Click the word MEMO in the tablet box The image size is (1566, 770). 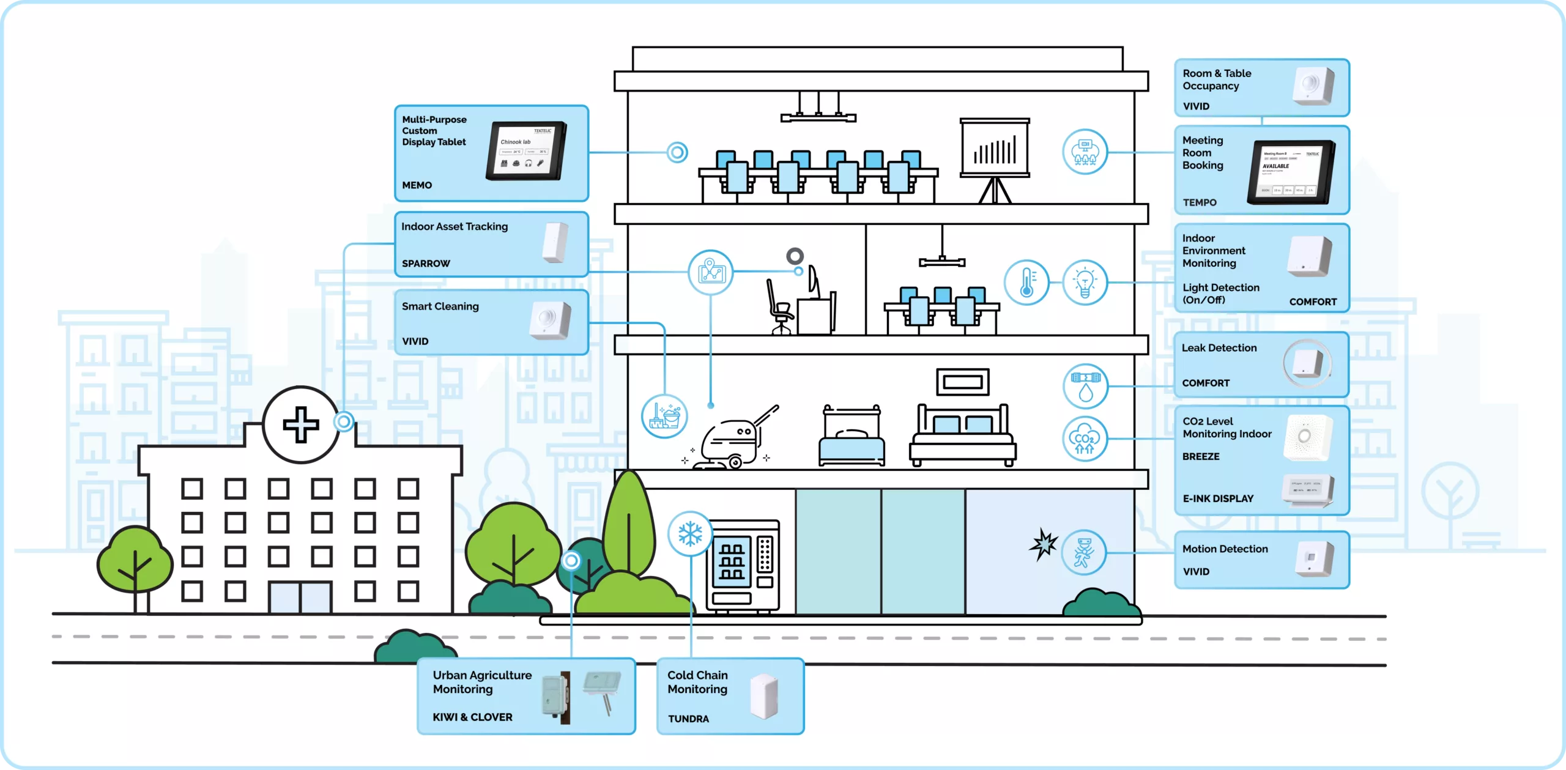tap(417, 185)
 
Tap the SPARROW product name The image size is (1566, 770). tap(426, 264)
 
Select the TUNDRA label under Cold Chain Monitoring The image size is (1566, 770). tap(688, 719)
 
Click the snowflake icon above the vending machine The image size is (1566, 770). tap(690, 533)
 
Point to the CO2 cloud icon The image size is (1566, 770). tap(1085, 439)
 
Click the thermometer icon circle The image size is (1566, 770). tap(1026, 283)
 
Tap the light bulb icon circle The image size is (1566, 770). tap(1085, 283)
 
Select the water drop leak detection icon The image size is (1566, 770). tap(1085, 387)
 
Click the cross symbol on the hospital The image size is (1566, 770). tap(301, 424)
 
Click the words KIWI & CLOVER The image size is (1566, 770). tap(472, 717)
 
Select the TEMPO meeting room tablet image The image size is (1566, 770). tap(1290, 172)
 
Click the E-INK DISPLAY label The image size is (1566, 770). tap(1218, 498)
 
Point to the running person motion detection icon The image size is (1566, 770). tap(1083, 553)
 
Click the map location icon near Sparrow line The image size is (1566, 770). tap(710, 272)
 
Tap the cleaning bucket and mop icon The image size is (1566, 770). tap(664, 416)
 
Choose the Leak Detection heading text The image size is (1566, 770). tap(1219, 348)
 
